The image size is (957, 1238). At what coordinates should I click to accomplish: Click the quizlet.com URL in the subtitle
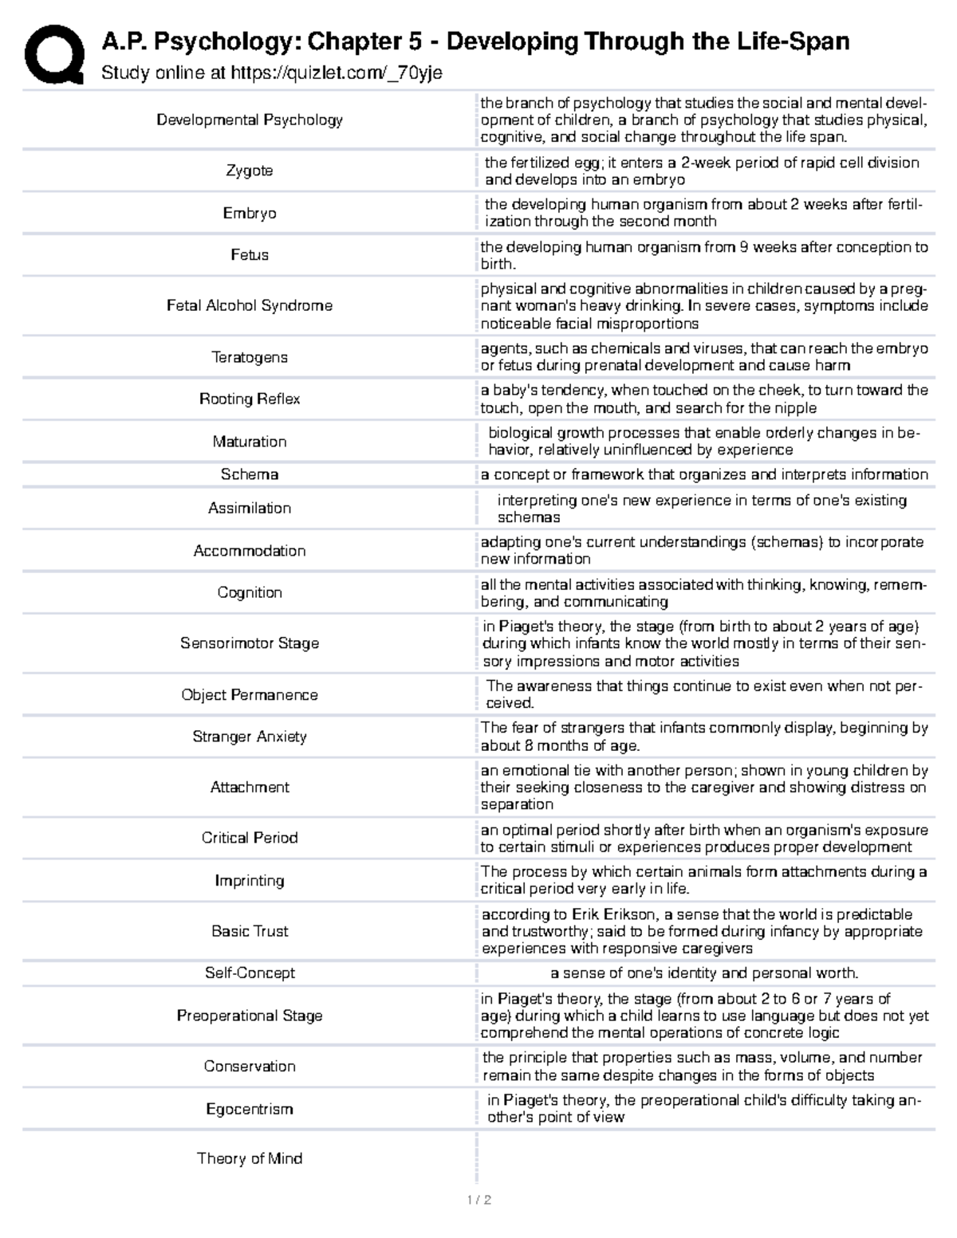[x=336, y=73]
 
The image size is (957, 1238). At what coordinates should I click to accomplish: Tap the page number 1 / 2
[x=478, y=1200]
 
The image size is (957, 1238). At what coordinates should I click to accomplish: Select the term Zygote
[x=249, y=171]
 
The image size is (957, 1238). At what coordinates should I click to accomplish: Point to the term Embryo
[x=249, y=213]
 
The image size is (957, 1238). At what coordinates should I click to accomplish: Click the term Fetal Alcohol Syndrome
[x=249, y=305]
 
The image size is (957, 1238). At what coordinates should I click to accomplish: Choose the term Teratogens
[x=249, y=357]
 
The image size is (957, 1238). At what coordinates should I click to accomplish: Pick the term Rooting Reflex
[x=249, y=399]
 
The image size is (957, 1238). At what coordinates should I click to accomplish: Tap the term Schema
[x=249, y=474]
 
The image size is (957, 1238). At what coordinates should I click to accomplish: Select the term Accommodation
[x=249, y=551]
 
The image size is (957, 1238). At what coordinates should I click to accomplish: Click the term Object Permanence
[x=249, y=694]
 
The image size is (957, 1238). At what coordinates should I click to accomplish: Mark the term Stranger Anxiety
[x=249, y=737]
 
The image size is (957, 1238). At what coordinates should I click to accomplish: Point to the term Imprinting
[x=249, y=880]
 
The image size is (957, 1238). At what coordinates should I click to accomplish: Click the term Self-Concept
[x=249, y=973]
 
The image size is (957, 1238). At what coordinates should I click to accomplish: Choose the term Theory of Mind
[x=249, y=1158]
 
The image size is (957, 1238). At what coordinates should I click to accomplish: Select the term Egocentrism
[x=249, y=1109]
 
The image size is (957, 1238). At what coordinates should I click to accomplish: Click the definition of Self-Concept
[x=704, y=973]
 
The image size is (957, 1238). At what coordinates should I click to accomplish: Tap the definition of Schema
[x=704, y=474]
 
